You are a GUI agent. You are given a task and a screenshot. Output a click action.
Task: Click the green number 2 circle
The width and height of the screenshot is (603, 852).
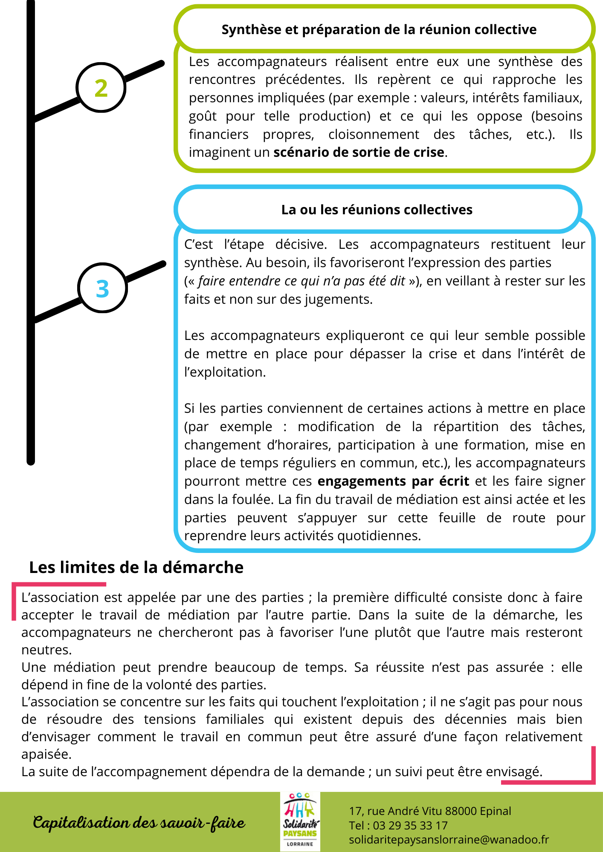[x=101, y=88]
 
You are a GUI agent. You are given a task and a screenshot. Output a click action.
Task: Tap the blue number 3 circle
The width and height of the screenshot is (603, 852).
[x=102, y=288]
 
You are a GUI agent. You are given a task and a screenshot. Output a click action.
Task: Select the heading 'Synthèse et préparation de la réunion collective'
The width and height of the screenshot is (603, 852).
[x=379, y=29]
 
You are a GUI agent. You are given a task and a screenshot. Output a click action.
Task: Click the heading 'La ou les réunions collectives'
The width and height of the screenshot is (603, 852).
[x=377, y=210]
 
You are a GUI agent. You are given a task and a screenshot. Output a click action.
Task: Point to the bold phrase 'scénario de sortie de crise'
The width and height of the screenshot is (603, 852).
[x=359, y=152]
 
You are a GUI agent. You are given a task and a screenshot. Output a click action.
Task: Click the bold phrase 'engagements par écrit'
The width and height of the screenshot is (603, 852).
[x=393, y=481]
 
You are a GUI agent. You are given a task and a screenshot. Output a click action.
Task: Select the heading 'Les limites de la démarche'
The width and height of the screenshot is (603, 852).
[x=136, y=567]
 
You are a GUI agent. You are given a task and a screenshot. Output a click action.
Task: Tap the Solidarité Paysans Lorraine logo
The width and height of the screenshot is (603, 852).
[x=300, y=822]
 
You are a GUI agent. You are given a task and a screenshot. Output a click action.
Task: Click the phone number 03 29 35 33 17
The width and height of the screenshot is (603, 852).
[x=410, y=826]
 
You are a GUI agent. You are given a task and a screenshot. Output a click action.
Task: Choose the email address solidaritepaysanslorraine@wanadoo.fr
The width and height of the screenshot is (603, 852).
[x=449, y=840]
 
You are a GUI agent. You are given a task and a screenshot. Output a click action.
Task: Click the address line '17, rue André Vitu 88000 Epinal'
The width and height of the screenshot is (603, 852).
[x=430, y=811]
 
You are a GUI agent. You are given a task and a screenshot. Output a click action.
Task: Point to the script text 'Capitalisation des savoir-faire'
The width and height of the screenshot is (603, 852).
[x=139, y=823]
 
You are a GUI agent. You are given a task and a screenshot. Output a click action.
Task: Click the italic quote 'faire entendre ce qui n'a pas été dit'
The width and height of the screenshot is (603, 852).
[x=301, y=281]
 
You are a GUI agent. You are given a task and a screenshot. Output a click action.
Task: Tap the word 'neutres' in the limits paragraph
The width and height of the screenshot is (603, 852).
[x=46, y=650]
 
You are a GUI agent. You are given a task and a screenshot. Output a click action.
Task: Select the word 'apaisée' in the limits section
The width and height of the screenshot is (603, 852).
[x=46, y=754]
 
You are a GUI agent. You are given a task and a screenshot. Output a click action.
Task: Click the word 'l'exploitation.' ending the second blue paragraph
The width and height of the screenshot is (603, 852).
[x=225, y=372]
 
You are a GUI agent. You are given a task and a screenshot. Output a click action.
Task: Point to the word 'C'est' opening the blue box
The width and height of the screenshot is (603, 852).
[x=198, y=245]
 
